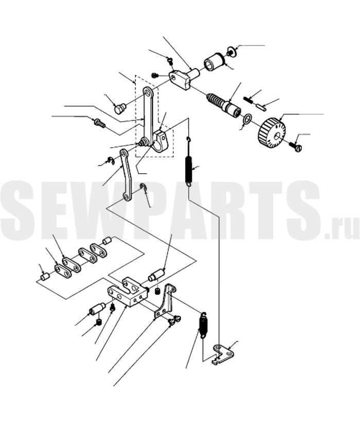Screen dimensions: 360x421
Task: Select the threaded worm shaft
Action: [x=224, y=105]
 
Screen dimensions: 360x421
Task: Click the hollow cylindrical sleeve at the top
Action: [x=213, y=62]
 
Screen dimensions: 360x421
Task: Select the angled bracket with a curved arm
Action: [x=166, y=302]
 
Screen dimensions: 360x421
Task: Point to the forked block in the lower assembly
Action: [x=128, y=292]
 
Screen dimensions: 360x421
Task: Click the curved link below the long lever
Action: [x=127, y=175]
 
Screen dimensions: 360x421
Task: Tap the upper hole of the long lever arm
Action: [x=147, y=92]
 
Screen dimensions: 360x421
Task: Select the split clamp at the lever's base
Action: [x=161, y=141]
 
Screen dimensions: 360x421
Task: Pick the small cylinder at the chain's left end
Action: [x=45, y=276]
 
